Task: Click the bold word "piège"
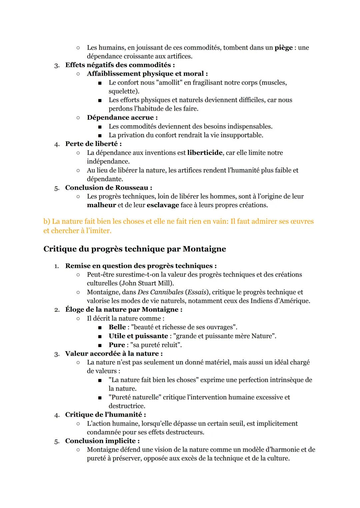[x=283, y=48]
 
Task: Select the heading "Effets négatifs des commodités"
[x=120, y=65]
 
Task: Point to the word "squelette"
[x=123, y=91]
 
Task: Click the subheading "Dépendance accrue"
[x=122, y=118]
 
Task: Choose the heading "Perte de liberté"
[x=93, y=144]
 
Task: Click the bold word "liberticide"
[x=205, y=153]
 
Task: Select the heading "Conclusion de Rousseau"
[x=108, y=188]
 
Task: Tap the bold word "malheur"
[x=101, y=205]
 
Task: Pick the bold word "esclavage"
[x=163, y=205]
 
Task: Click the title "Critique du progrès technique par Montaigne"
[x=135, y=249]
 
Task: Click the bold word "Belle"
[x=117, y=327]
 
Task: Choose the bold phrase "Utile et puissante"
[x=138, y=336]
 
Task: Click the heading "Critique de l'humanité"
[x=105, y=415]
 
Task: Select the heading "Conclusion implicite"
[x=102, y=441]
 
